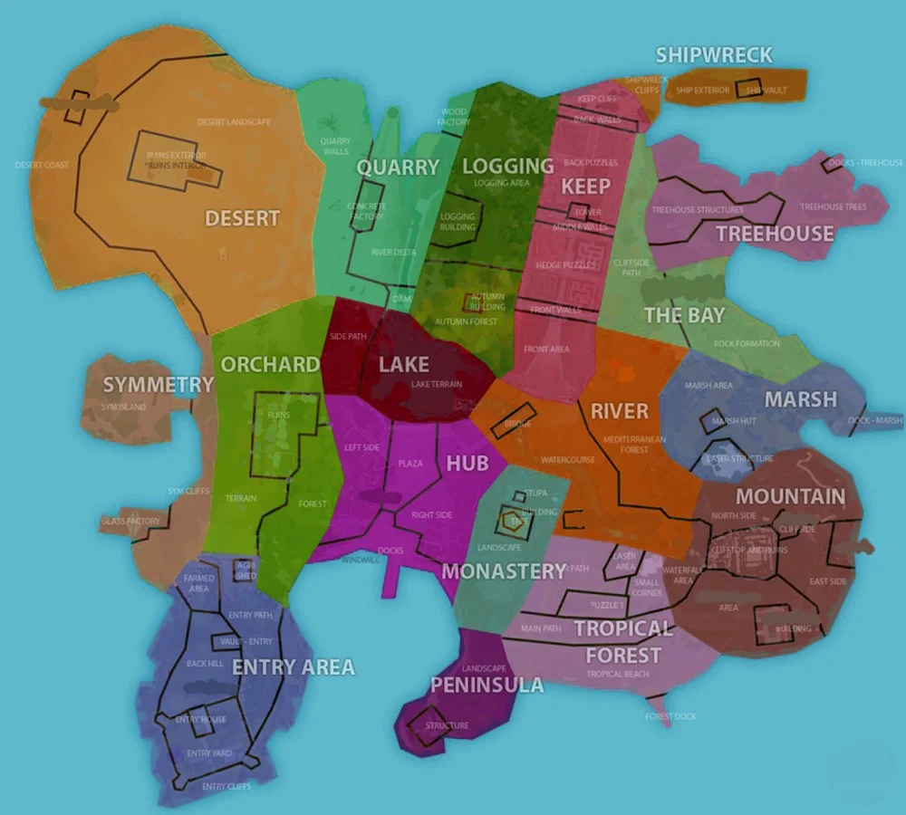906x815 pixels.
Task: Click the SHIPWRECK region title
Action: (x=714, y=55)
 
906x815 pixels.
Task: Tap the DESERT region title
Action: (x=242, y=218)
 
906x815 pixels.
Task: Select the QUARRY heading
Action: (x=397, y=168)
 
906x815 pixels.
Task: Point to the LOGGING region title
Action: (x=507, y=166)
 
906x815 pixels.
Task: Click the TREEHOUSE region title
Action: (x=775, y=234)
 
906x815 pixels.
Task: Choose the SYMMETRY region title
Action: (x=158, y=385)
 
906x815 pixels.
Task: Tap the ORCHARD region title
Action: (x=270, y=364)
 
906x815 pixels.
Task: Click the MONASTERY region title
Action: (x=504, y=571)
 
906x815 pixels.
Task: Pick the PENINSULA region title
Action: (x=487, y=685)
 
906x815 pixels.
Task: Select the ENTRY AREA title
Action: (x=294, y=668)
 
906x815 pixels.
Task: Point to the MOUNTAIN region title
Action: (x=790, y=496)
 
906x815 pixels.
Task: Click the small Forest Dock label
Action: (x=670, y=716)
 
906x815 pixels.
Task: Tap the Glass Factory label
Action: (x=131, y=522)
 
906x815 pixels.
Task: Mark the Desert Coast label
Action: (x=42, y=165)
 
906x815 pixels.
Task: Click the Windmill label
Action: (x=360, y=561)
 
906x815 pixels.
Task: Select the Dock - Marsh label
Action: (x=875, y=420)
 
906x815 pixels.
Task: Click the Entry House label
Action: (x=201, y=720)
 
